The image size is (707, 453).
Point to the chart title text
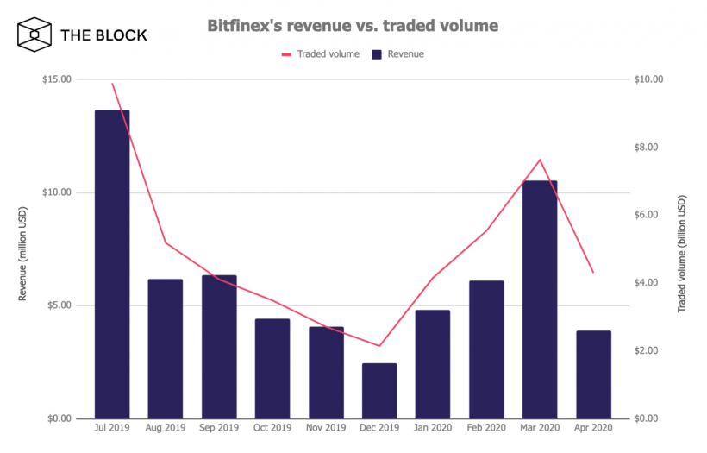pos(353,26)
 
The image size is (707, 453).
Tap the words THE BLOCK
pos(103,35)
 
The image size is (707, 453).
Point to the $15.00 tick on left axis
pos(58,79)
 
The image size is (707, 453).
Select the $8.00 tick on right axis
pos(650,148)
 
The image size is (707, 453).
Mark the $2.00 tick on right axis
pos(650,351)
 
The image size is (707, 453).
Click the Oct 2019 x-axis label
pos(272,427)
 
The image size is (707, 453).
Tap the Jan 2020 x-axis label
pos(433,427)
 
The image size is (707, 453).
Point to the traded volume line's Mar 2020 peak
pos(540,160)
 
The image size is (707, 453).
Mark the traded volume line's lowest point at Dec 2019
pos(379,346)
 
